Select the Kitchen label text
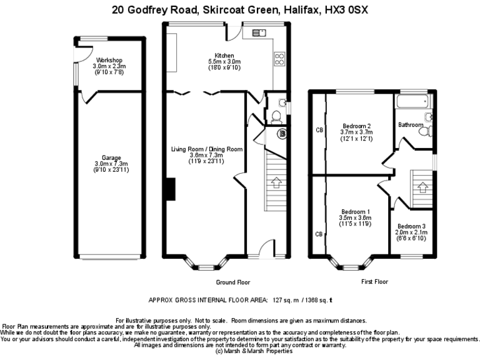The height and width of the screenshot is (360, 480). click(x=224, y=55)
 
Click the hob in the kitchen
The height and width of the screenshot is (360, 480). click(x=279, y=59)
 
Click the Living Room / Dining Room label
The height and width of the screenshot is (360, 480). click(x=207, y=149)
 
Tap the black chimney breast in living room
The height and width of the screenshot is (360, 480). click(x=170, y=189)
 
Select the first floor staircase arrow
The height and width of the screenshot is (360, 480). click(x=422, y=186)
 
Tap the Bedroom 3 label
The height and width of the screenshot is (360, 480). click(x=411, y=226)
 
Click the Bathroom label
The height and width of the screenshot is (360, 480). click(x=411, y=125)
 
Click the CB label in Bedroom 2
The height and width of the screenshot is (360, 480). click(x=319, y=130)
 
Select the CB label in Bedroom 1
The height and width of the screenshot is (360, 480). click(x=319, y=234)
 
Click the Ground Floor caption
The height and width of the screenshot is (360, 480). click(x=233, y=282)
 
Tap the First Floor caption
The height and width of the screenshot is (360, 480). click(x=374, y=282)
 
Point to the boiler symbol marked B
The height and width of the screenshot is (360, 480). click(x=282, y=132)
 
